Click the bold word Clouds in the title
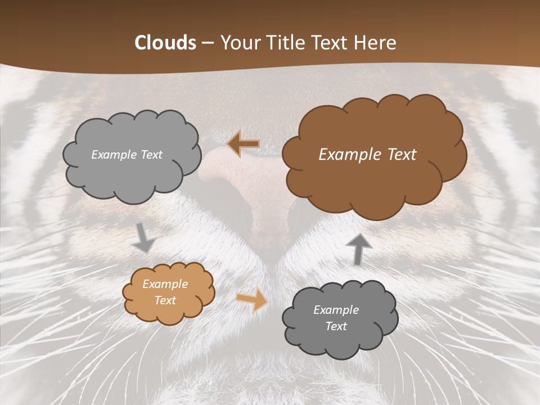point(165,43)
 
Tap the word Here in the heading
point(375,43)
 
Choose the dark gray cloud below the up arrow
point(340,343)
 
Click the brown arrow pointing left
point(244,144)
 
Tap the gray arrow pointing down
point(143,238)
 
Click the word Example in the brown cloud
point(352,155)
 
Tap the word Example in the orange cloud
point(165,285)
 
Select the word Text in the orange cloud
point(165,300)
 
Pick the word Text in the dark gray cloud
point(336,326)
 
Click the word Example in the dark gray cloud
point(336,310)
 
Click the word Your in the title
point(237,43)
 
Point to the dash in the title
point(207,43)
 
